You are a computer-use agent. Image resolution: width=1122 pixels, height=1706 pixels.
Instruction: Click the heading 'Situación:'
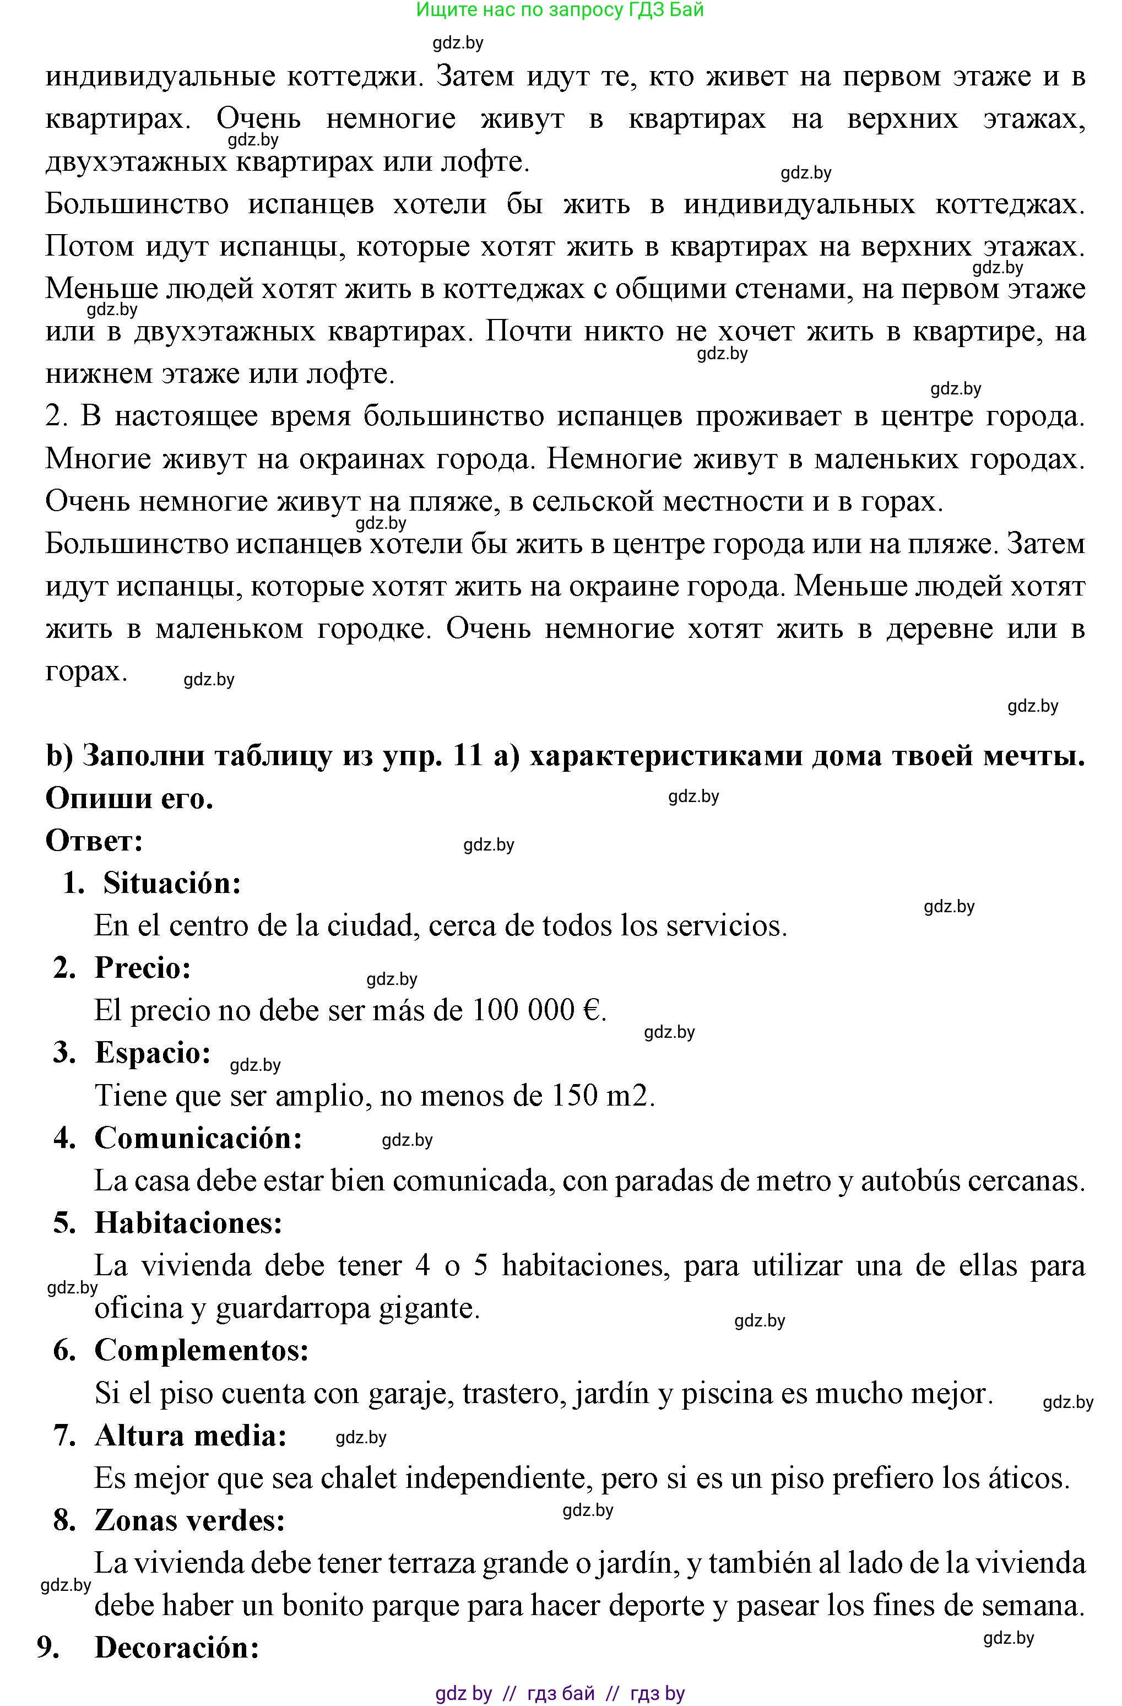[171, 883]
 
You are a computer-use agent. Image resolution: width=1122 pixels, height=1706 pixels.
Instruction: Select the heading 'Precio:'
[143, 968]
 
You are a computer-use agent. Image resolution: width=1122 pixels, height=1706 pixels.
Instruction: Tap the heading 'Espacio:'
[153, 1053]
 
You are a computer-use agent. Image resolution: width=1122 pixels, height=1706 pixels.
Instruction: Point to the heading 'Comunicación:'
[198, 1138]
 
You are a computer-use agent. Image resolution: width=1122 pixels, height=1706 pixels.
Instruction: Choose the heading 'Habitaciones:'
[188, 1223]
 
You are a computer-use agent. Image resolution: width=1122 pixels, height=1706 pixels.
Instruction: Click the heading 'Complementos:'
[202, 1351]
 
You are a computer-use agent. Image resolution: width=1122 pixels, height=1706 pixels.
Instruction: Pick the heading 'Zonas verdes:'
[190, 1520]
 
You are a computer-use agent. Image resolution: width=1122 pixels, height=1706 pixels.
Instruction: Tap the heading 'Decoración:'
[176, 1648]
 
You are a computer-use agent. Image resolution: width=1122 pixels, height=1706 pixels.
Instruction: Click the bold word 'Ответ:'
[94, 841]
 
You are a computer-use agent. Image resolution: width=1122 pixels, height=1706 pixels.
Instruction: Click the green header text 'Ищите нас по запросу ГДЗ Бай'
[560, 10]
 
